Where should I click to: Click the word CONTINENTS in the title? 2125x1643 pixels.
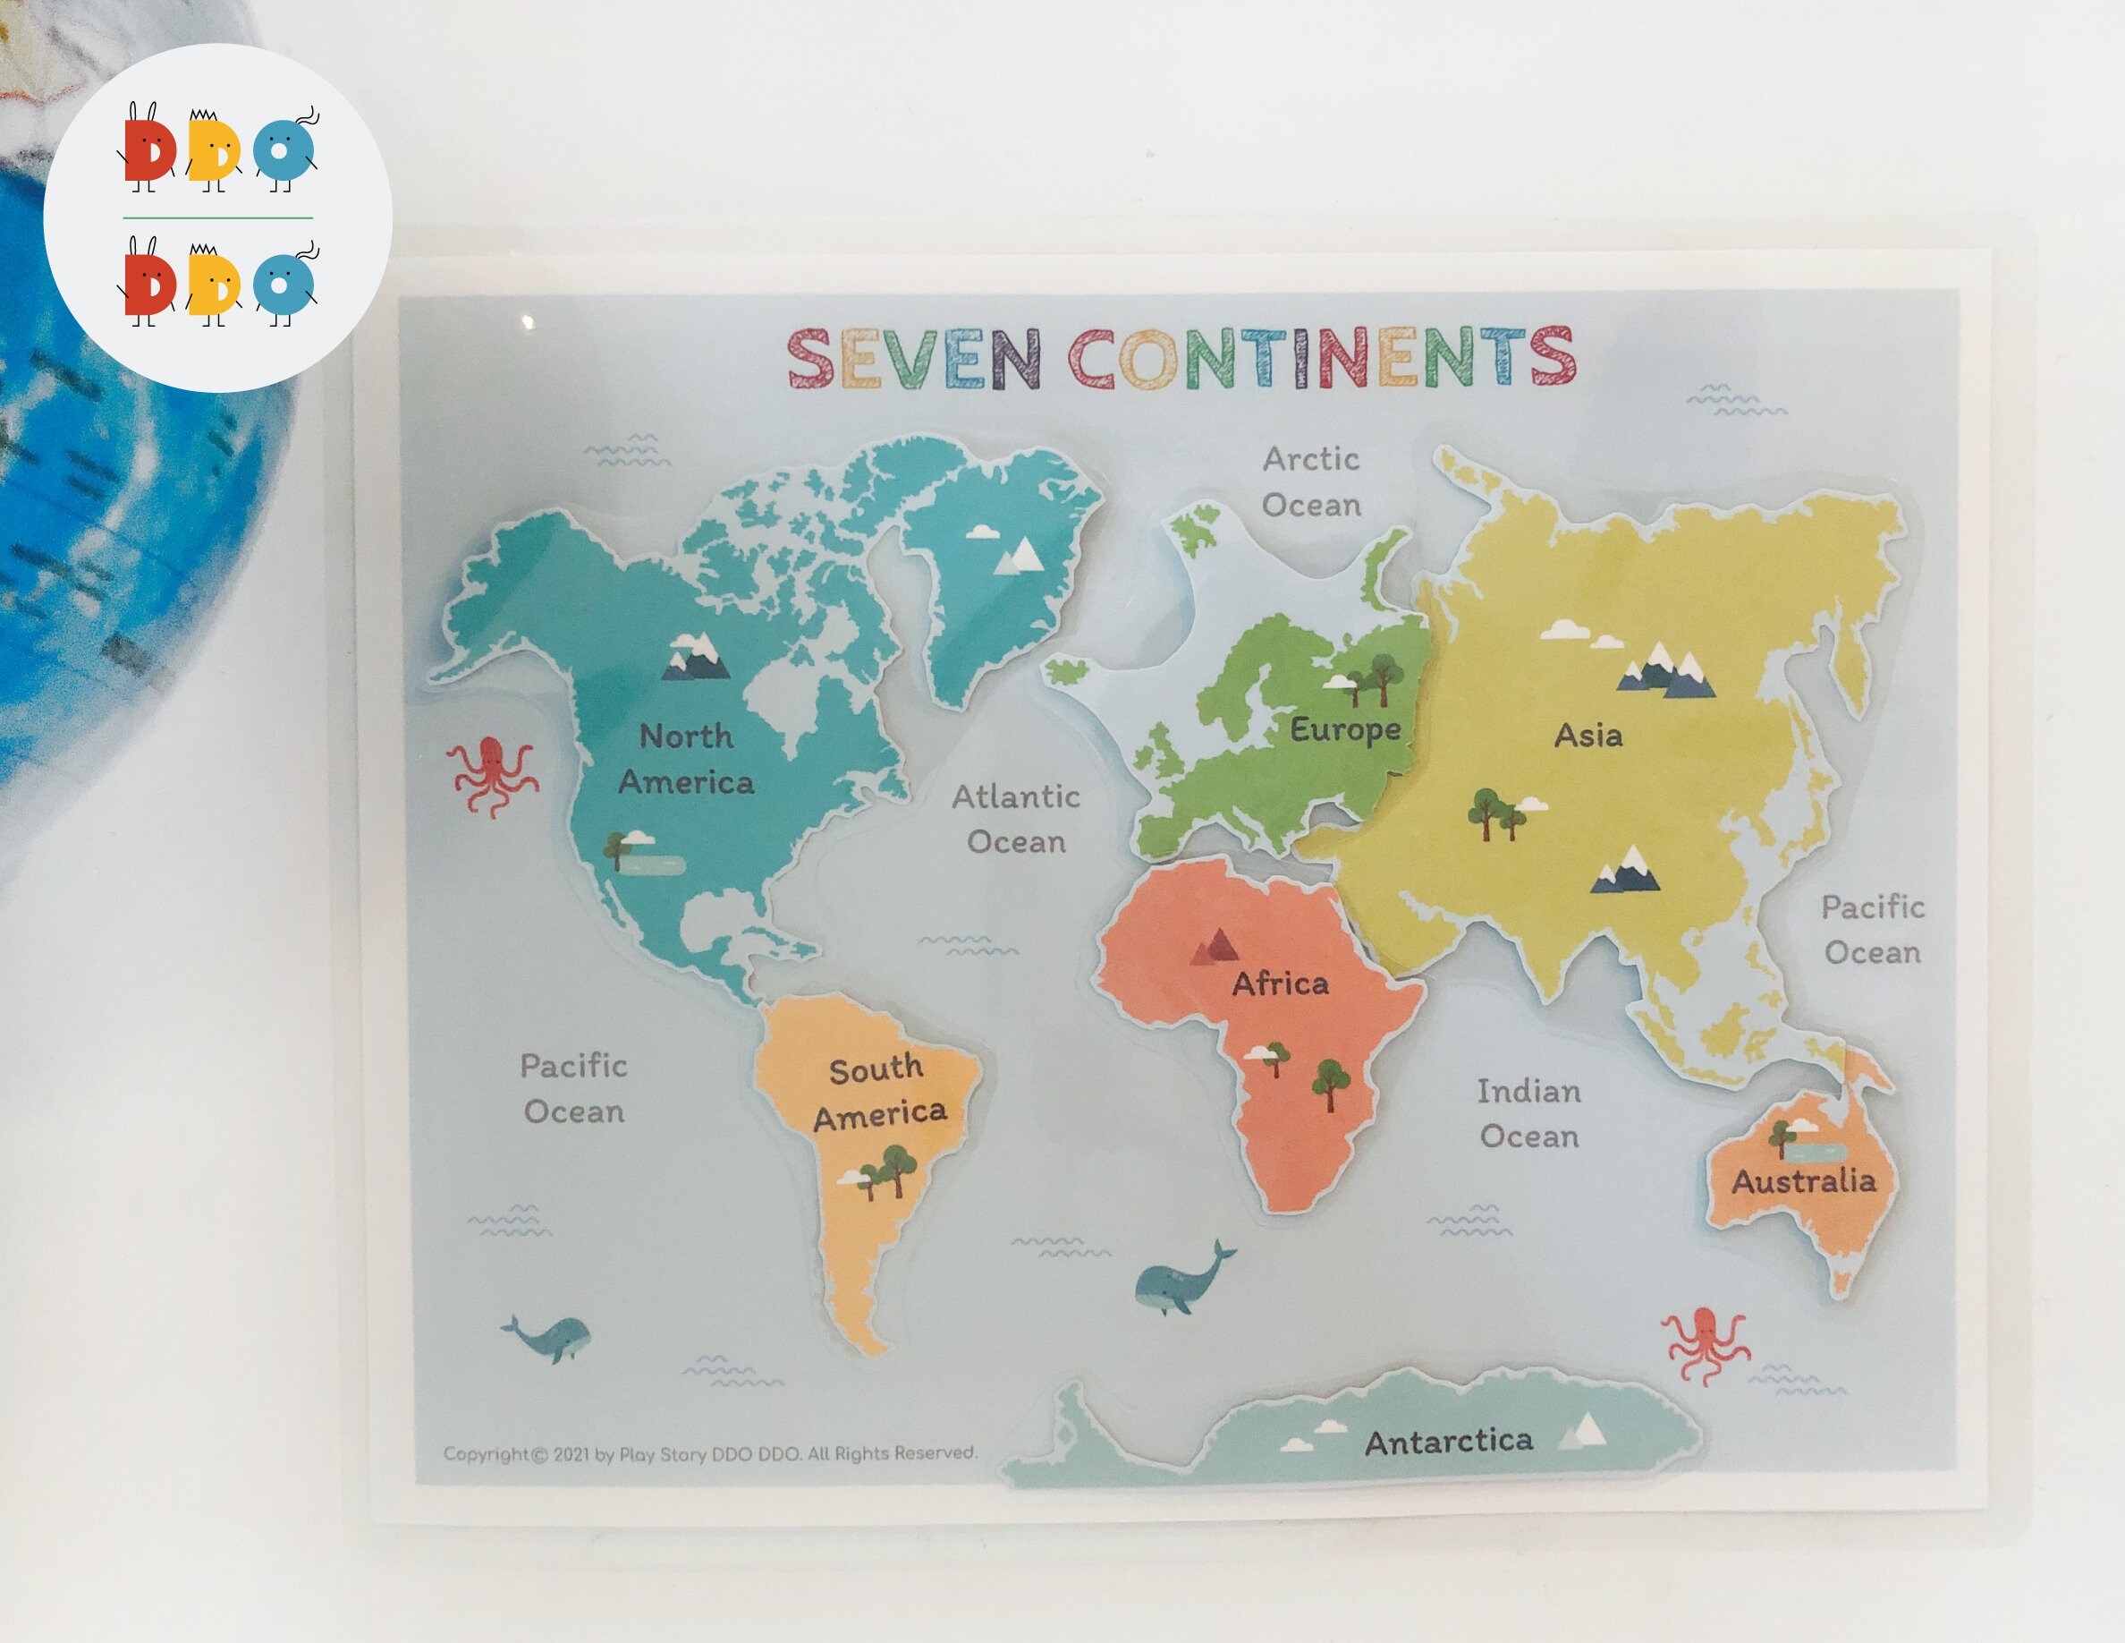tap(1321, 357)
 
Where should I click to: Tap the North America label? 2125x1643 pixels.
tap(686, 759)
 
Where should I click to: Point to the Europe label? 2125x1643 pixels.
tap(1344, 729)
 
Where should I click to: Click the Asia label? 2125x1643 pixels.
tap(1587, 735)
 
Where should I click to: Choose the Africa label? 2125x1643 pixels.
tap(1280, 984)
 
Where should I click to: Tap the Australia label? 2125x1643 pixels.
tap(1803, 1181)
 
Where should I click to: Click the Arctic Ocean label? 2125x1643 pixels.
tap(1310, 481)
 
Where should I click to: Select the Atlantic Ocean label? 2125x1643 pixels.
tap(1016, 819)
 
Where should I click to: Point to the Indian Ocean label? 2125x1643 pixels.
tap(1528, 1113)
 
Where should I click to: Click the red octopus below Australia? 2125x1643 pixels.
tap(1705, 1344)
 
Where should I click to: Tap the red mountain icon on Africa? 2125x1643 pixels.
tap(1215, 945)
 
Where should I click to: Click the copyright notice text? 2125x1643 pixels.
tap(709, 1454)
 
